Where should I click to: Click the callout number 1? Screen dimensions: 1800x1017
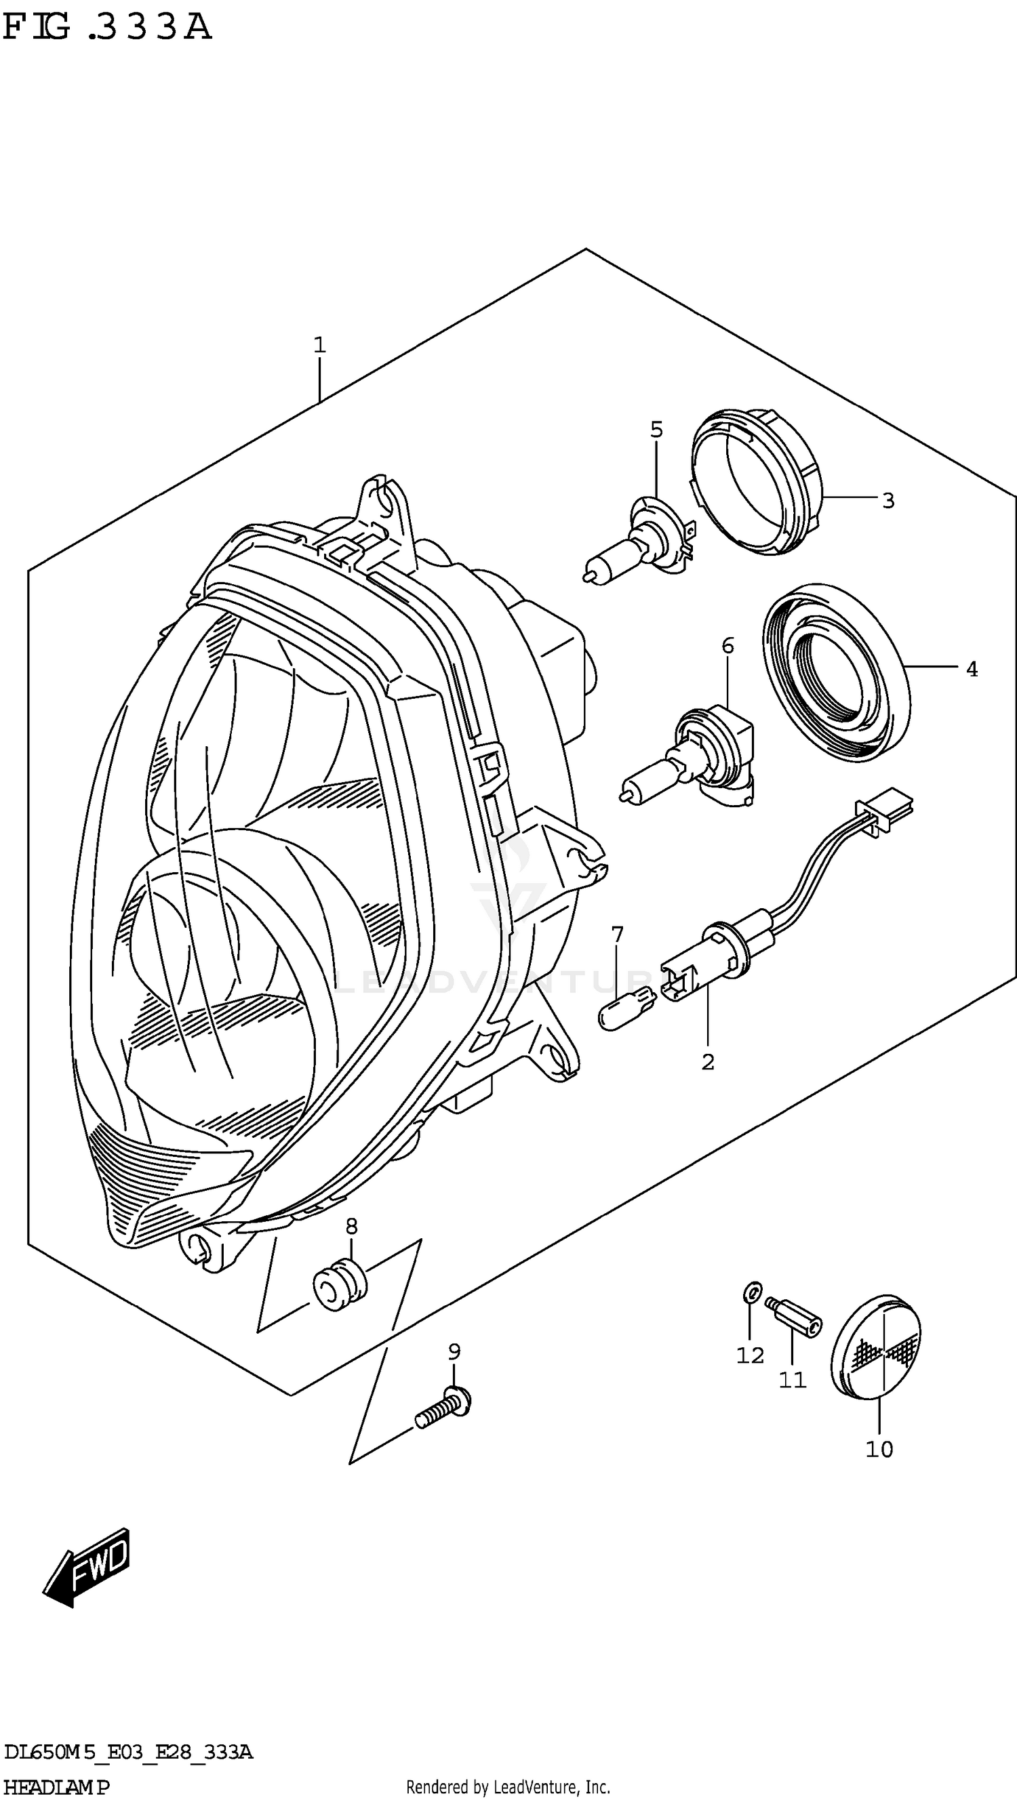319,345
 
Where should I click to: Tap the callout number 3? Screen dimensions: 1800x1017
888,500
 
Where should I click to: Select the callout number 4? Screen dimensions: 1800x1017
972,670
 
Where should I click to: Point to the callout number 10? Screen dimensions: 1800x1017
879,1449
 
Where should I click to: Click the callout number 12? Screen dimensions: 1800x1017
750,1355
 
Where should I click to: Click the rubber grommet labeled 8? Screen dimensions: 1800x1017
339,1284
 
